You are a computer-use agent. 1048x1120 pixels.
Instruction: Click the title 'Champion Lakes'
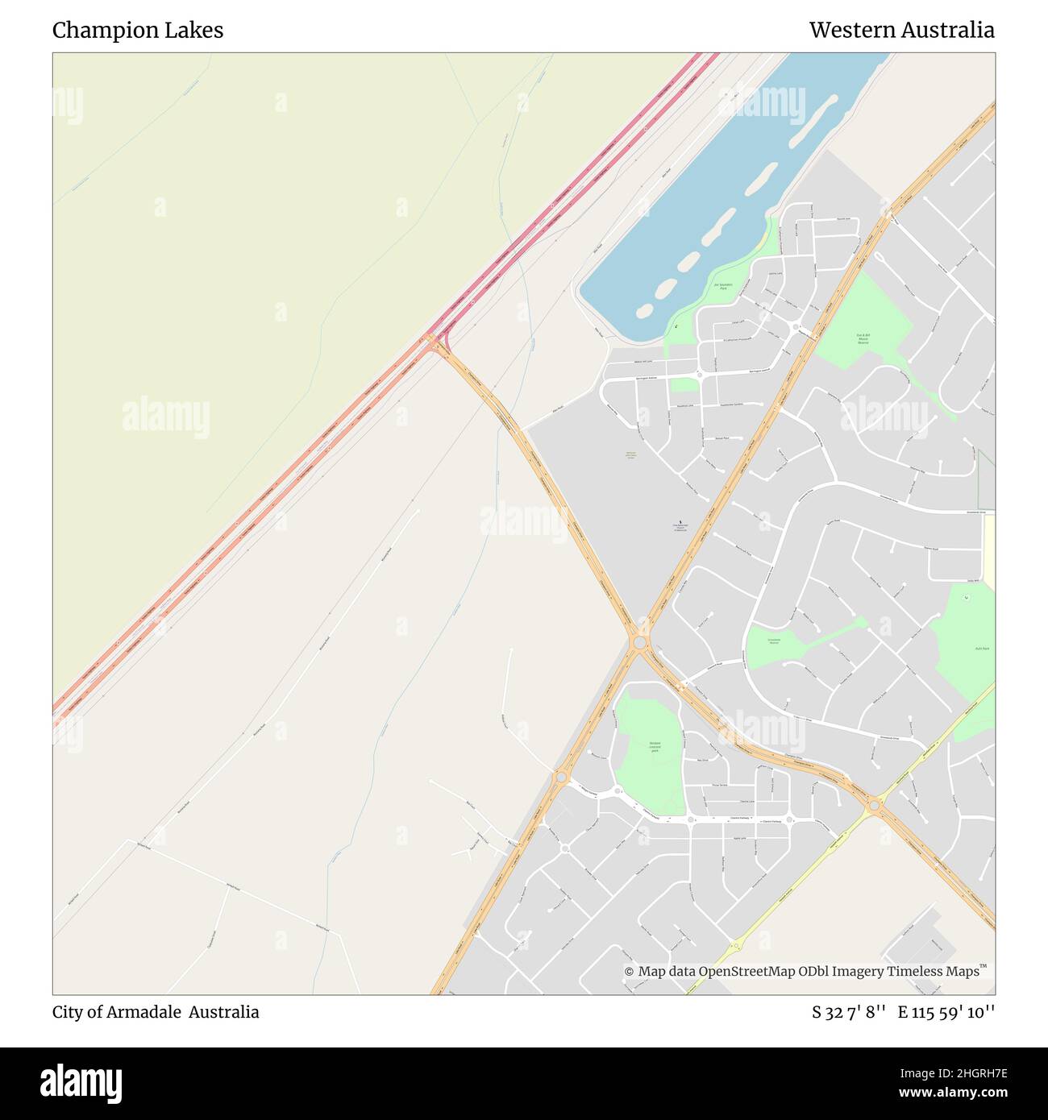point(138,31)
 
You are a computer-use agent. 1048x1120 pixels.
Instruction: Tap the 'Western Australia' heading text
point(901,31)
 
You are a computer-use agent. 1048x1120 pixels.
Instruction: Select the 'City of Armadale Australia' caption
point(156,1012)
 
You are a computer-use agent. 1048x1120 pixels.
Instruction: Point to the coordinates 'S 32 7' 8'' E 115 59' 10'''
point(903,1012)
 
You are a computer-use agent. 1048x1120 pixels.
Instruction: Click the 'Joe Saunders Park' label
point(722,287)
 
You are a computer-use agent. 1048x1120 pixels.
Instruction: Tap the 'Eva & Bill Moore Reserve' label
point(863,339)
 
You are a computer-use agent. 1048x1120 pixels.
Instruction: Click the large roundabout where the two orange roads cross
point(640,642)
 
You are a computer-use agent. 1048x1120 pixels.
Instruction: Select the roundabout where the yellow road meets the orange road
point(874,804)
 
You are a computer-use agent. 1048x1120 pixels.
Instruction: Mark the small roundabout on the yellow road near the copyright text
point(734,946)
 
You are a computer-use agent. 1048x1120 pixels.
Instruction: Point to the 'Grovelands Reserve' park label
point(774,641)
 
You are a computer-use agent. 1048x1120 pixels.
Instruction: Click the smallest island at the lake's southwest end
point(644,310)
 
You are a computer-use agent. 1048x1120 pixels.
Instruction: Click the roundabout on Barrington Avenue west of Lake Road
point(699,375)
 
